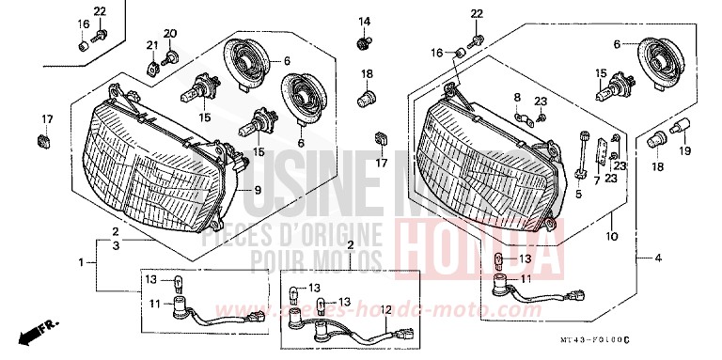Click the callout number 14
(x=365, y=22)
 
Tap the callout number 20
(x=170, y=35)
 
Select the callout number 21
(x=150, y=46)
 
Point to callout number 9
(x=257, y=191)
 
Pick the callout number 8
(x=516, y=97)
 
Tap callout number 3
(x=115, y=244)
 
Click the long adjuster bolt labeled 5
(x=583, y=155)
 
